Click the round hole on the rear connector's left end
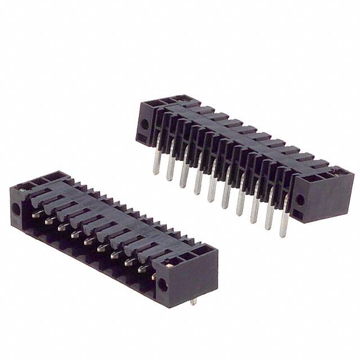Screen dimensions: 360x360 point(145,125)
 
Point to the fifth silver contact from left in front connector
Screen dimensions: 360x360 point(87,241)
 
